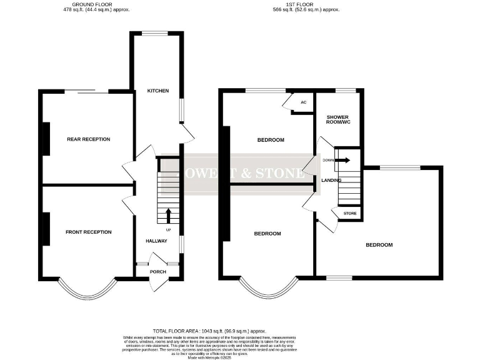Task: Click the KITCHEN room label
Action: click(157, 91)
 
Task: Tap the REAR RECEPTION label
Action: click(88, 139)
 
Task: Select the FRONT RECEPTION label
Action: click(88, 232)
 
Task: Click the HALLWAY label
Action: click(156, 241)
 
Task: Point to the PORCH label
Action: click(157, 272)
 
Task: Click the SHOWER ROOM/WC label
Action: click(337, 120)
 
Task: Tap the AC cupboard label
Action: click(304, 102)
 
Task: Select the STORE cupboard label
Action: click(350, 214)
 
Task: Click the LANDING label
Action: click(331, 180)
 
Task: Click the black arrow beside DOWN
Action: click(344, 160)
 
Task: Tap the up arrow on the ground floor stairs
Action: click(168, 215)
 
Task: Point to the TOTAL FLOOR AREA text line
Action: click(209, 331)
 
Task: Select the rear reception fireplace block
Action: click(45, 139)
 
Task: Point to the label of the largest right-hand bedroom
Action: click(379, 245)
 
